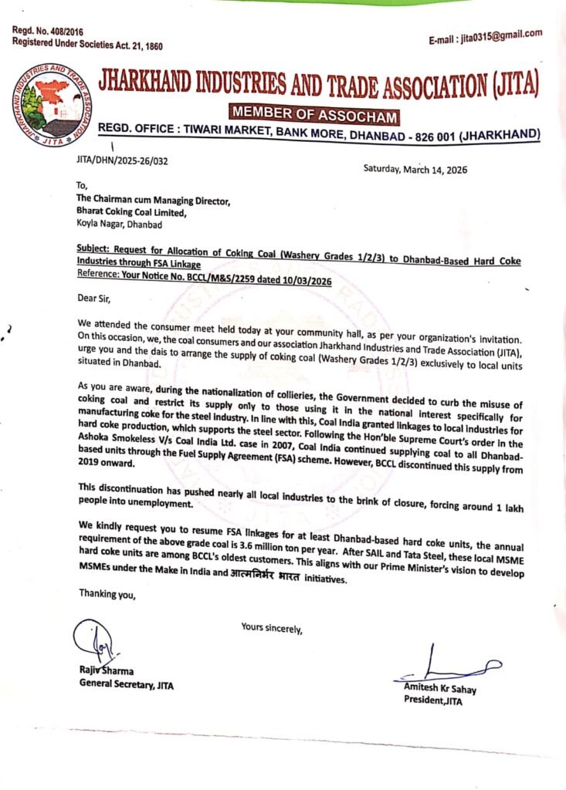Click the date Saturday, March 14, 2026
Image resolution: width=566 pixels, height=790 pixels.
(x=415, y=170)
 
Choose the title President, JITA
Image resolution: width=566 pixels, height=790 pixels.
(x=439, y=699)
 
